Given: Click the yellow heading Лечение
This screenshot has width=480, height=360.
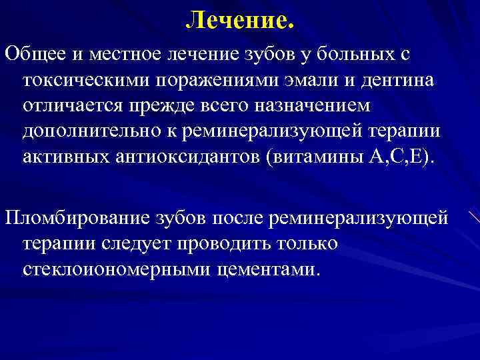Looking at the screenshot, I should [x=239, y=21].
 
